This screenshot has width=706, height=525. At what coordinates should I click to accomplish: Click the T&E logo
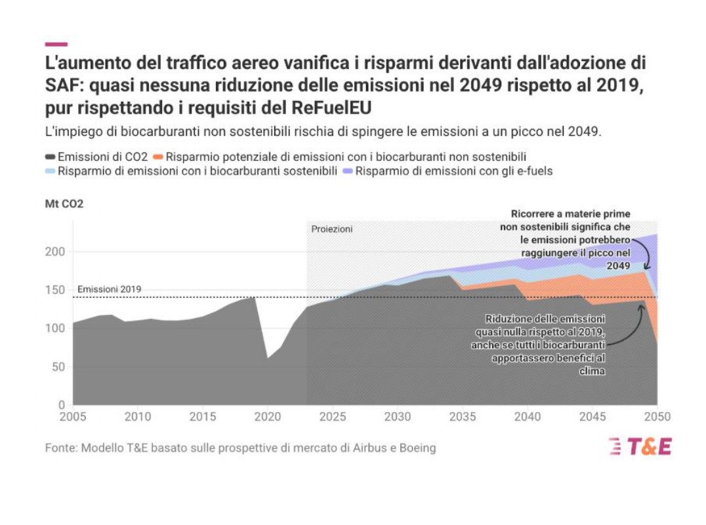(640, 446)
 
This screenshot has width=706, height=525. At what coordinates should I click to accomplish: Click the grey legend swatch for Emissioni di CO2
(51, 157)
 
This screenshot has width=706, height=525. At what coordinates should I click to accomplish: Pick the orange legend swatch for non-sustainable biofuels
(157, 157)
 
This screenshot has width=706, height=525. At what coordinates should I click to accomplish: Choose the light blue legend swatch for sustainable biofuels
(51, 171)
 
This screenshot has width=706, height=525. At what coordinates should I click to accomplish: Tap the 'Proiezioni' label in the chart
(331, 229)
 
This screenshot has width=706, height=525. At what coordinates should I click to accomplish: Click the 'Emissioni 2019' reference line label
(109, 289)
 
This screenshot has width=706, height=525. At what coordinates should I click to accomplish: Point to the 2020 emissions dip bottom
(268, 358)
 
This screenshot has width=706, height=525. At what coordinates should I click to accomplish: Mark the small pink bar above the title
(56, 45)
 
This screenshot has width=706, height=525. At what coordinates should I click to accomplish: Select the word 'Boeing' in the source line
(417, 448)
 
